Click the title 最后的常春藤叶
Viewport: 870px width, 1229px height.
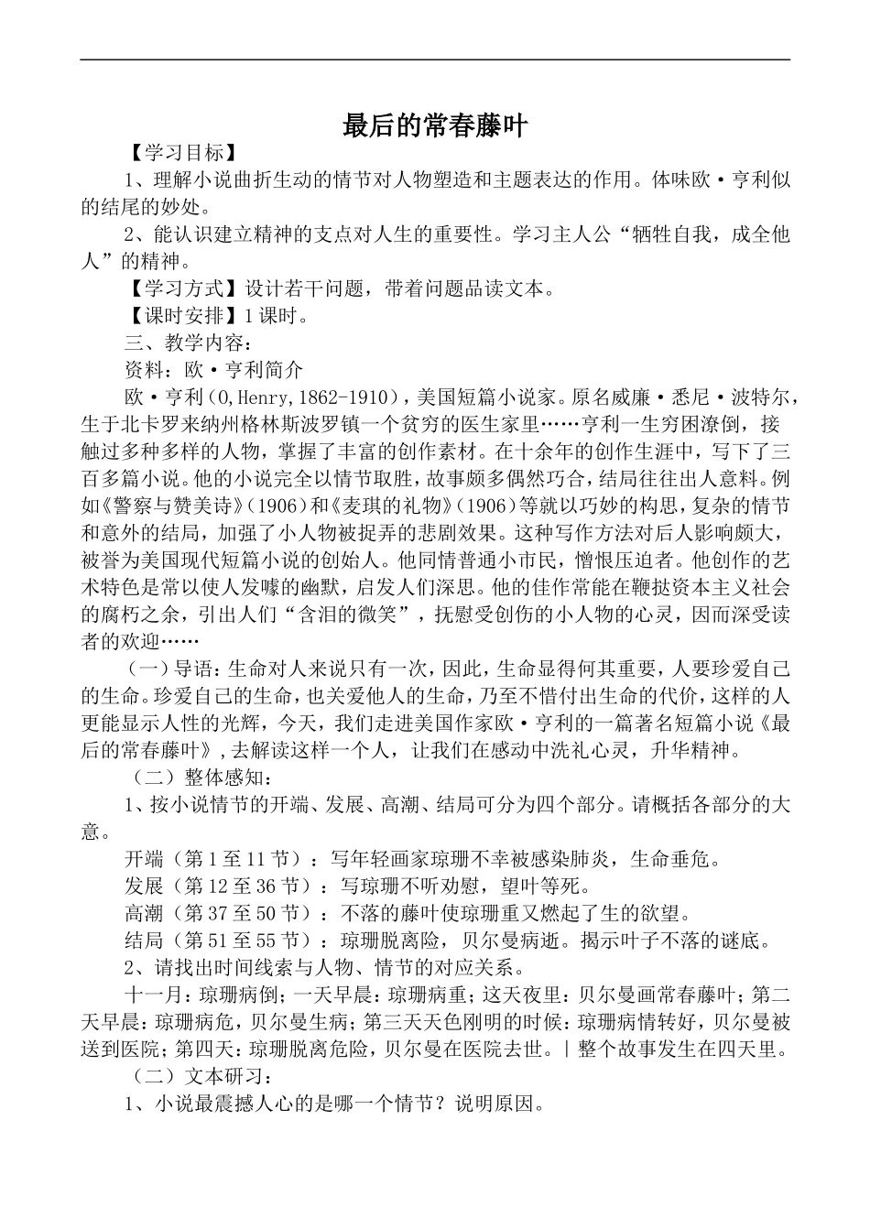pyautogui.click(x=435, y=125)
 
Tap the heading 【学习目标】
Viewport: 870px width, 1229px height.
pyautogui.click(x=175, y=152)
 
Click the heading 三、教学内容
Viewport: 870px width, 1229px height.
pyautogui.click(x=181, y=343)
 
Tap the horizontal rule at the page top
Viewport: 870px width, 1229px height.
pyautogui.click(x=435, y=60)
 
